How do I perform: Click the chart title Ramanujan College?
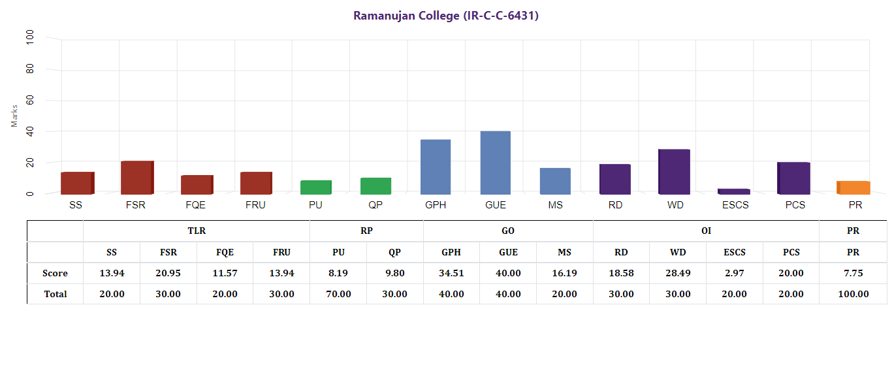[x=445, y=16]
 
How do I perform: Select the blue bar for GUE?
[x=495, y=163]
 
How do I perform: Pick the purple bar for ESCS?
[x=733, y=191]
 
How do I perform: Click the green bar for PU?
[x=315, y=187]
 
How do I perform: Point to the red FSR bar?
[x=136, y=178]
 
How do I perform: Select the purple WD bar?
[x=674, y=172]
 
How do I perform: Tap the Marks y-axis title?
[x=14, y=116]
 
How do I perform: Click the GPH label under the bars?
[x=436, y=205]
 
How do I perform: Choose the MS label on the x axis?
[x=556, y=205]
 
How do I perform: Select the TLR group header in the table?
[x=197, y=231]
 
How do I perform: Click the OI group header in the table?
[x=706, y=231]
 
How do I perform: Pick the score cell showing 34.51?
[x=451, y=273]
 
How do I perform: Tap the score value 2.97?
[x=735, y=273]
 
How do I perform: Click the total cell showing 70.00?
[x=338, y=294]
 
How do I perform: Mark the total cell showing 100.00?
[x=853, y=294]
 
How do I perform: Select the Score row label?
[x=55, y=273]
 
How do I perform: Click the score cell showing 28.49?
[x=678, y=273]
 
